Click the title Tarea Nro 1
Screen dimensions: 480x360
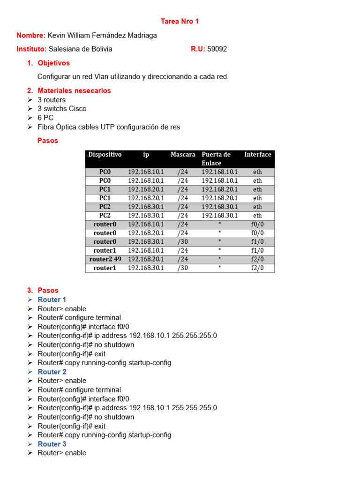(x=180, y=22)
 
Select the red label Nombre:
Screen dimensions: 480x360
(x=31, y=36)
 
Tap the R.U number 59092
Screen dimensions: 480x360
(x=217, y=49)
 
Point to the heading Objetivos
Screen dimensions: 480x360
(x=53, y=63)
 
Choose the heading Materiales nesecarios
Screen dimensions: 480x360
(x=74, y=90)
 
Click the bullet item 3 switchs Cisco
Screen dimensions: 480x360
(x=62, y=109)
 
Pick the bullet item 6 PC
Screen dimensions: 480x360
(x=45, y=118)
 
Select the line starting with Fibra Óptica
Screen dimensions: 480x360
(x=109, y=127)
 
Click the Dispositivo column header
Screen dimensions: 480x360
(x=105, y=155)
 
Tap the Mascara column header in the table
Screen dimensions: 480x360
(x=183, y=155)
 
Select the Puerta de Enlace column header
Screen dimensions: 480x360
(x=216, y=159)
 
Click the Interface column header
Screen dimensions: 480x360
(x=257, y=155)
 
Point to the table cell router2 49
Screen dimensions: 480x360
(x=105, y=259)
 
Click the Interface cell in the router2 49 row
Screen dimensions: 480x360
(x=257, y=259)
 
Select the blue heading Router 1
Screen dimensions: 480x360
(x=52, y=300)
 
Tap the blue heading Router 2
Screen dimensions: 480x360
(x=52, y=372)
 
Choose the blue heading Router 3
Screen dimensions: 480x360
(x=52, y=444)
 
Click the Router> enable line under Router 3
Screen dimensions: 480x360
(x=62, y=453)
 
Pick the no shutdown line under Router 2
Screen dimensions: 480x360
(x=86, y=417)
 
